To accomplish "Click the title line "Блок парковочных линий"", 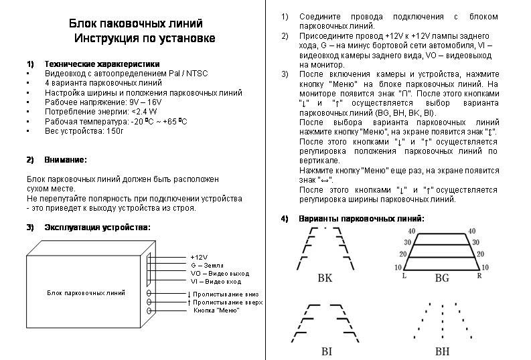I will click(x=136, y=24).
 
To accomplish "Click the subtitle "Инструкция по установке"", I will click(x=145, y=38).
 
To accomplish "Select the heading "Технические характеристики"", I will click(x=97, y=63).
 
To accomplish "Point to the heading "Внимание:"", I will click(x=66, y=160).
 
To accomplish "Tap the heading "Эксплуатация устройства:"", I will click(x=97, y=227).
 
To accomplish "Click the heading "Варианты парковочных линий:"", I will click(x=362, y=219).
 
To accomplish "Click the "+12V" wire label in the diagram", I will click(x=200, y=257).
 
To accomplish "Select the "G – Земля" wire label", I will click(x=207, y=265).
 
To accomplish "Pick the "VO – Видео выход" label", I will click(x=220, y=274).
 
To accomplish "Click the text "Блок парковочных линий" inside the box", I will click(x=86, y=293).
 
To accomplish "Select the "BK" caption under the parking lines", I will click(x=324, y=278).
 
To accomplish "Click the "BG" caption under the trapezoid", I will click(x=441, y=278).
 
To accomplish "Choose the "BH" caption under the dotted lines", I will click(x=443, y=351).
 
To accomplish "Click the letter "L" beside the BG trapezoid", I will click(x=404, y=276).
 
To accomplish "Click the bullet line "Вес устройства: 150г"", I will click(x=84, y=130).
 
